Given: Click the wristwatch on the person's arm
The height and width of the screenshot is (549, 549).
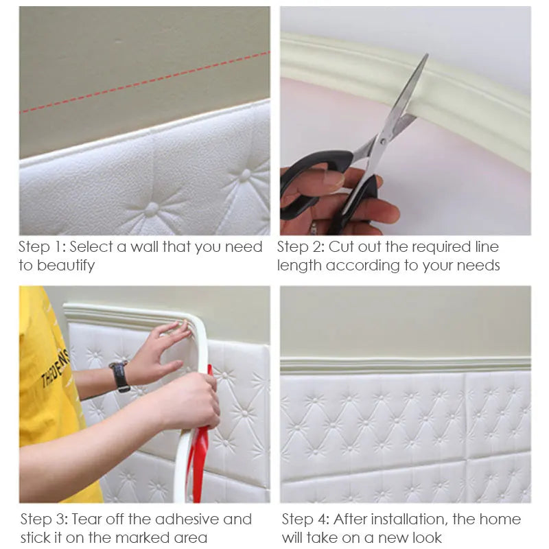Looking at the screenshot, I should (x=119, y=376).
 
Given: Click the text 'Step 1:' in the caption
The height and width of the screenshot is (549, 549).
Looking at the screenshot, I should (x=42, y=247).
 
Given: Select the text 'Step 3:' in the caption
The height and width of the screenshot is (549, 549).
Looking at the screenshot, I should (x=44, y=519).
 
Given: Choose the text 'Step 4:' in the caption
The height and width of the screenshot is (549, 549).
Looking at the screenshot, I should (x=305, y=519).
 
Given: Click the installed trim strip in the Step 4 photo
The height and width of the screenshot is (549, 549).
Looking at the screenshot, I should (x=405, y=364).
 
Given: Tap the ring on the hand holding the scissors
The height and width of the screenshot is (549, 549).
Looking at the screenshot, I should (x=314, y=227).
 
